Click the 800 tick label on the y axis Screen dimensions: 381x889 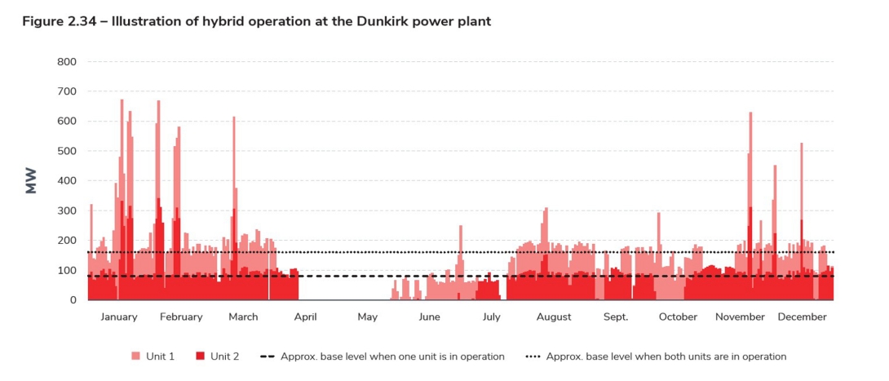click(67, 62)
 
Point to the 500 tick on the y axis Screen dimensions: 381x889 click(67, 151)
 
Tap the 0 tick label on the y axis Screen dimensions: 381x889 click(73, 300)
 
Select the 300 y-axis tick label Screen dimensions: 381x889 click(67, 210)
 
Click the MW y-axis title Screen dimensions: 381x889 click(32, 181)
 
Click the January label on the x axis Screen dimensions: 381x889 click(119, 317)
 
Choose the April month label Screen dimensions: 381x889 click(306, 317)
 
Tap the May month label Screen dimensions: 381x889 click(368, 317)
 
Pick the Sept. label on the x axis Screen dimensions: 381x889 click(616, 317)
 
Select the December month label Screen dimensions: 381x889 click(802, 317)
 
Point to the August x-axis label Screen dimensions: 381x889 click(554, 317)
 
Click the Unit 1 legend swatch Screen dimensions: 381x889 click(135, 357)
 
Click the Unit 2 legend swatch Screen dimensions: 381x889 click(200, 357)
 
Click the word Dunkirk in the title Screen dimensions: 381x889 click(384, 21)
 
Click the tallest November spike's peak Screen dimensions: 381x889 click(750, 113)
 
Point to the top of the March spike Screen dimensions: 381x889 click(233, 117)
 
